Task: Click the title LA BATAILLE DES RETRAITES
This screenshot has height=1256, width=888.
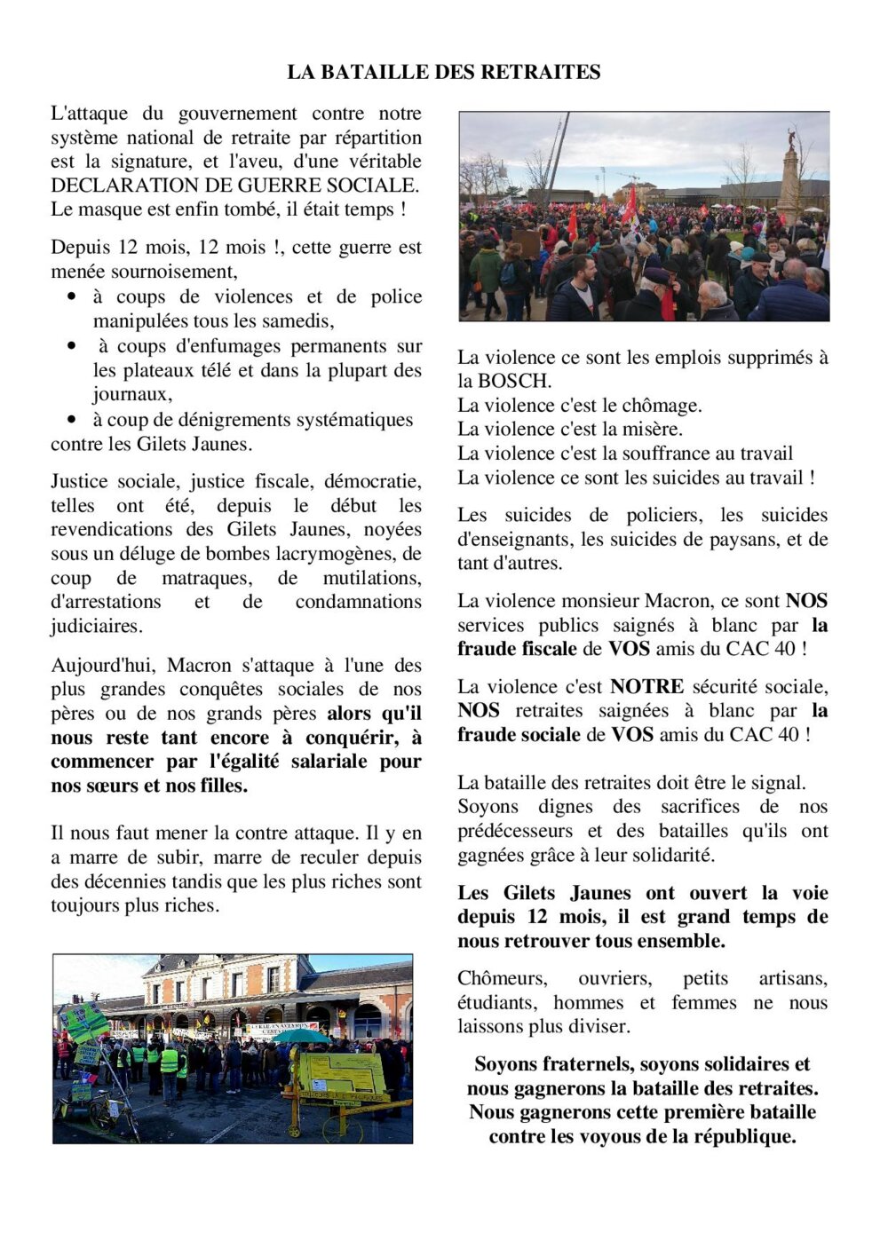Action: click(x=443, y=72)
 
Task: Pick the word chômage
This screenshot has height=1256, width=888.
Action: click(x=661, y=406)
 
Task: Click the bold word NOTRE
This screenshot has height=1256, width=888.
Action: click(x=646, y=686)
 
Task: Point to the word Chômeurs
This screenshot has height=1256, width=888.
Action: click(x=502, y=978)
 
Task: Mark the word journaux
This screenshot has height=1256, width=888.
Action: click(x=131, y=394)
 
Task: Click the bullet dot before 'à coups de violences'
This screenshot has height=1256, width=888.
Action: click(x=73, y=296)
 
